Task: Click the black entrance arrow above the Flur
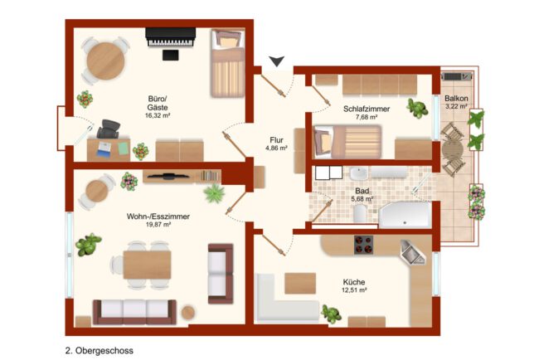coord(276,61)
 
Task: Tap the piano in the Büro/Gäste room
coord(171,37)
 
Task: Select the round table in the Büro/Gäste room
coord(105,61)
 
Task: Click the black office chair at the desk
coord(109,129)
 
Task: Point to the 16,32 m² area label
coord(158,116)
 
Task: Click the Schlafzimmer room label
coord(367,109)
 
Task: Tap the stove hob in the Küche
coord(364,245)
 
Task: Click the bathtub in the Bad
coord(405,216)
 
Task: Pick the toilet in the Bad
coord(360,214)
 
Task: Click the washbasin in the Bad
coord(359,173)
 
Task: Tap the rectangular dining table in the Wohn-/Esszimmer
coord(147,265)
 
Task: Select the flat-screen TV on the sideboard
coord(168,177)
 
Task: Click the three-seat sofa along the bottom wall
coord(134,312)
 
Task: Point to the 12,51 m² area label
coord(354,290)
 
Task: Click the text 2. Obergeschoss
coord(100,351)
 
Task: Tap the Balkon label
coord(456,99)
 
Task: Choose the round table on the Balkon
coord(453,149)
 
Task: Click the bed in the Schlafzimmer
coord(348,142)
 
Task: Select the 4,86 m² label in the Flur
coord(276,148)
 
